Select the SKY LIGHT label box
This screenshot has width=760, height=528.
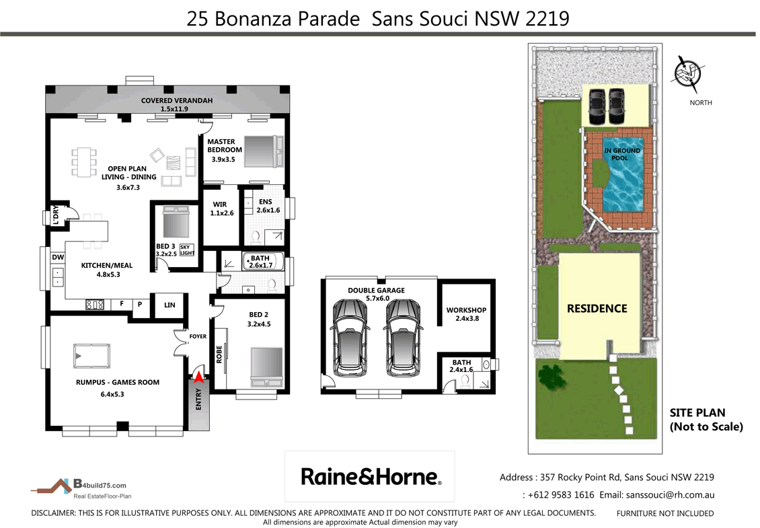(186, 250)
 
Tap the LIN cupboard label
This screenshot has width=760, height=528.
(169, 305)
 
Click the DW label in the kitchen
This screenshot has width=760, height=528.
(58, 257)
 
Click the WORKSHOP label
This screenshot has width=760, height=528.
(466, 310)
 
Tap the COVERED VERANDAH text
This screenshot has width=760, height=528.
(176, 101)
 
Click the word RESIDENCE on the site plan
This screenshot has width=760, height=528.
(597, 309)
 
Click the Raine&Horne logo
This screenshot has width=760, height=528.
(371, 477)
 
